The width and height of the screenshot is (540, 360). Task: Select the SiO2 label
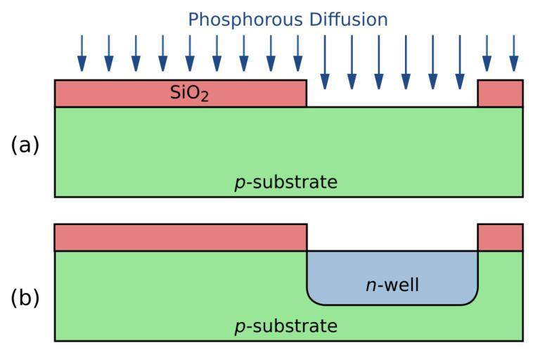189,94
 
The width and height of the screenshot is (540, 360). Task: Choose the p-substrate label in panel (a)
285,183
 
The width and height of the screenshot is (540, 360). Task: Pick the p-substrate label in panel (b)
285,327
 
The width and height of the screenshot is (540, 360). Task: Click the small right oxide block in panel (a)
500,94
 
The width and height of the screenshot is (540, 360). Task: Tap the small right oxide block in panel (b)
500,238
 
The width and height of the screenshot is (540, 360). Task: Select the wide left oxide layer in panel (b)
181,238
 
